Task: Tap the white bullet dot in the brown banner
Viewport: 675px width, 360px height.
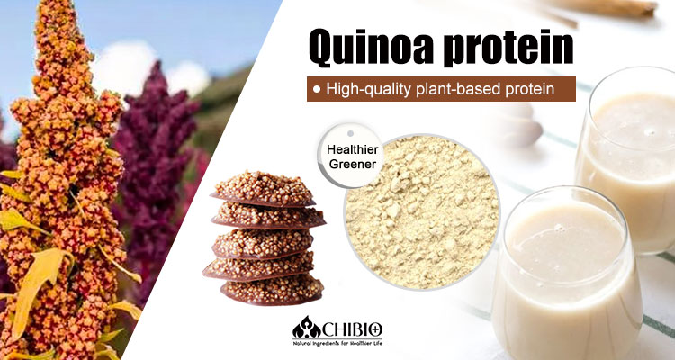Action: pos(319,90)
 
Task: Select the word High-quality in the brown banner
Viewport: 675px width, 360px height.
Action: pos(375,90)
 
